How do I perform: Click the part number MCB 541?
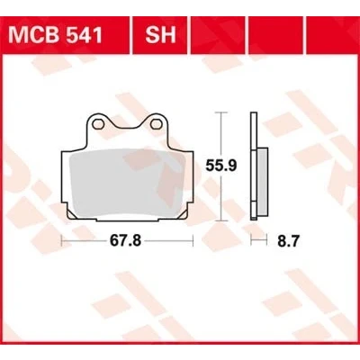point(56,35)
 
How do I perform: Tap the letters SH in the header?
point(160,35)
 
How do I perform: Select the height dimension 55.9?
point(221,166)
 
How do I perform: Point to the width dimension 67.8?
point(125,240)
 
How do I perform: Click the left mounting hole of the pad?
point(96,123)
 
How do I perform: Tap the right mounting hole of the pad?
point(155,124)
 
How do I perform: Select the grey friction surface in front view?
point(128,183)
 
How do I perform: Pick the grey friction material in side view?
point(263,182)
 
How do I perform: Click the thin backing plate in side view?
point(254,166)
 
